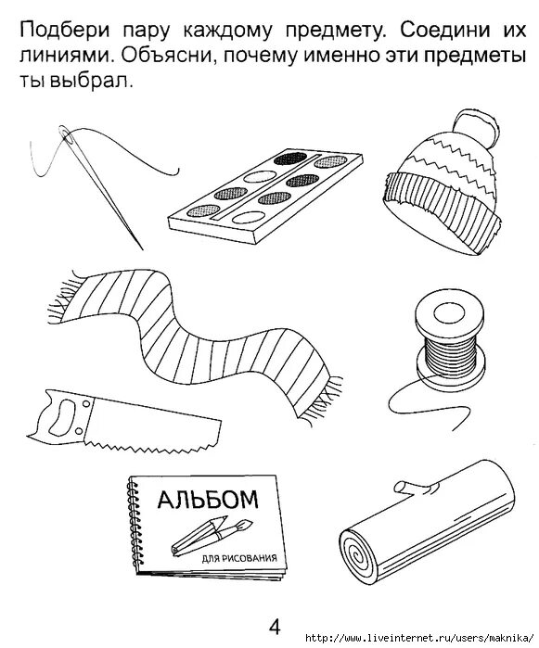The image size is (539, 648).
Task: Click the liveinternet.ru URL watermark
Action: click(421, 638)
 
